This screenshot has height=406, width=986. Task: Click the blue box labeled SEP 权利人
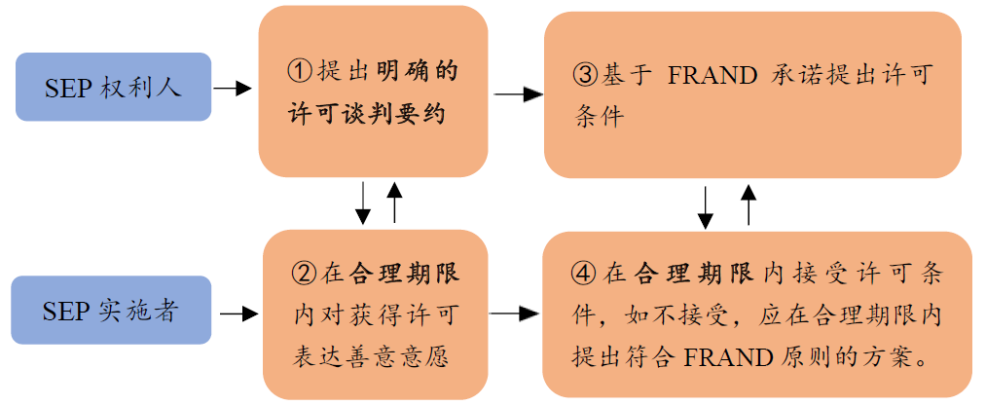coord(113,87)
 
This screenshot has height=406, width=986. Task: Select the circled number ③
coord(584,76)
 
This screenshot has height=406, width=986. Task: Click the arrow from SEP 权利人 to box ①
coord(232,89)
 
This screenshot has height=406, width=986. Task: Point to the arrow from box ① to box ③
coord(519,95)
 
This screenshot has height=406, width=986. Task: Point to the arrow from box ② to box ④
coord(514,313)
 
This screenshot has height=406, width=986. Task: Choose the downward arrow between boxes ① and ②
coord(363,203)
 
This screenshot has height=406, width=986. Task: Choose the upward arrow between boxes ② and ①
coord(394,202)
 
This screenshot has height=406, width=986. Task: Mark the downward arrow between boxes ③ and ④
coord(706,207)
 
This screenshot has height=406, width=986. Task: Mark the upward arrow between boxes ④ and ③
coord(749,204)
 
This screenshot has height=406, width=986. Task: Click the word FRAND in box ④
coord(728,357)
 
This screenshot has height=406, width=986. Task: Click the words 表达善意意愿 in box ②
coord(371,357)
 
